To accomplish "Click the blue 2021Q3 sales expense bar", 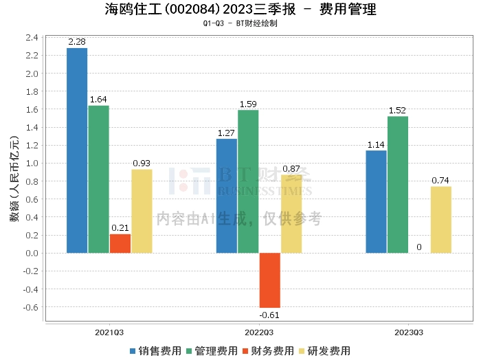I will (77, 150).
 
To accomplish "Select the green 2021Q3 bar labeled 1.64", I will (99, 179).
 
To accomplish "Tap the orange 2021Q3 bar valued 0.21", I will (120, 243).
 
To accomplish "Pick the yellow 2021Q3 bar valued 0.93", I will (142, 211).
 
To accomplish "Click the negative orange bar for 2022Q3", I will (270, 280).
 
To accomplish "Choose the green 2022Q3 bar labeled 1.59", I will (248, 181).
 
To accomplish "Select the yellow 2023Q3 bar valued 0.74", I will (441, 219).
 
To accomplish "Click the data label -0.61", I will (270, 315).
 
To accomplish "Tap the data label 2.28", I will (77, 43).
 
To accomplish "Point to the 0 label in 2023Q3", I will (419, 247).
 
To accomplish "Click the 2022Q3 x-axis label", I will (259, 333).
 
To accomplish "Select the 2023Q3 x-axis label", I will (409, 333).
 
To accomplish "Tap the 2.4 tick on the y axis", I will (32, 37).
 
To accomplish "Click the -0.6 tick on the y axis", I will (31, 306).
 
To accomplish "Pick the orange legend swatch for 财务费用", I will (246, 350).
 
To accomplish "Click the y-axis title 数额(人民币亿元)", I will (14, 179).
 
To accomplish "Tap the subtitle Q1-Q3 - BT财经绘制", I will (240, 23).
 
